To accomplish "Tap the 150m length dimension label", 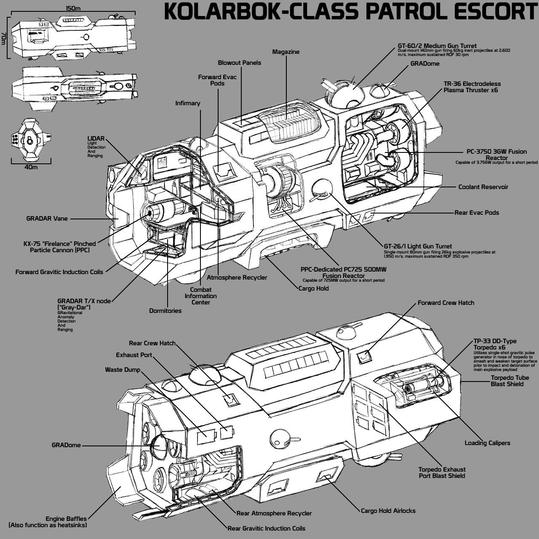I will pyautogui.click(x=73, y=8).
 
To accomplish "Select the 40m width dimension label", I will pyautogui.click(x=31, y=167).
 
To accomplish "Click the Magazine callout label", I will pyautogui.click(x=286, y=52).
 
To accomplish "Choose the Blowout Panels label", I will pyautogui.click(x=239, y=63).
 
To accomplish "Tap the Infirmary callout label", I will pyautogui.click(x=188, y=103).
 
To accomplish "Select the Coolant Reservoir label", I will pyautogui.click(x=483, y=187).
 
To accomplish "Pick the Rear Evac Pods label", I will pyautogui.click(x=476, y=213).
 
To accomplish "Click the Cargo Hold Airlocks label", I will pyautogui.click(x=388, y=511).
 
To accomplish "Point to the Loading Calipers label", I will pyautogui.click(x=487, y=443).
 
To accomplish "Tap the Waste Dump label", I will pyautogui.click(x=122, y=370).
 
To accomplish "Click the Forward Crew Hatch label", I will pyautogui.click(x=446, y=303).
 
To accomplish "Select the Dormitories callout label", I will pyautogui.click(x=165, y=311).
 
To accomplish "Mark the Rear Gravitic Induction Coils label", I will pyautogui.click(x=266, y=528).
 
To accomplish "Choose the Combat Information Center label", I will pyautogui.click(x=200, y=296).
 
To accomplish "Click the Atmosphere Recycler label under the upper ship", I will pyautogui.click(x=237, y=278).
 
